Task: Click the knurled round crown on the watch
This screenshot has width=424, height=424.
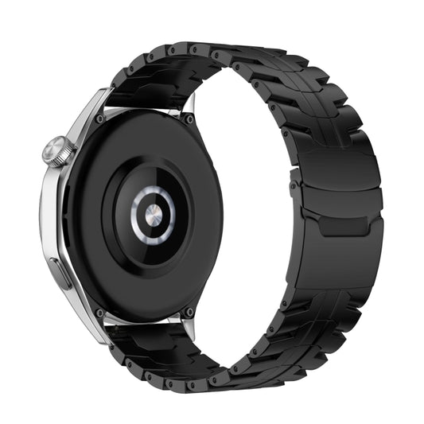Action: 58,151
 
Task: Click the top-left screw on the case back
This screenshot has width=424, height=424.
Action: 99,119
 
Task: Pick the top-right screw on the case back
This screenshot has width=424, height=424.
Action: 189,119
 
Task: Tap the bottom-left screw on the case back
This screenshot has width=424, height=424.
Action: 99,313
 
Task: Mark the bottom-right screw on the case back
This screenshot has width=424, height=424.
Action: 189,312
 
